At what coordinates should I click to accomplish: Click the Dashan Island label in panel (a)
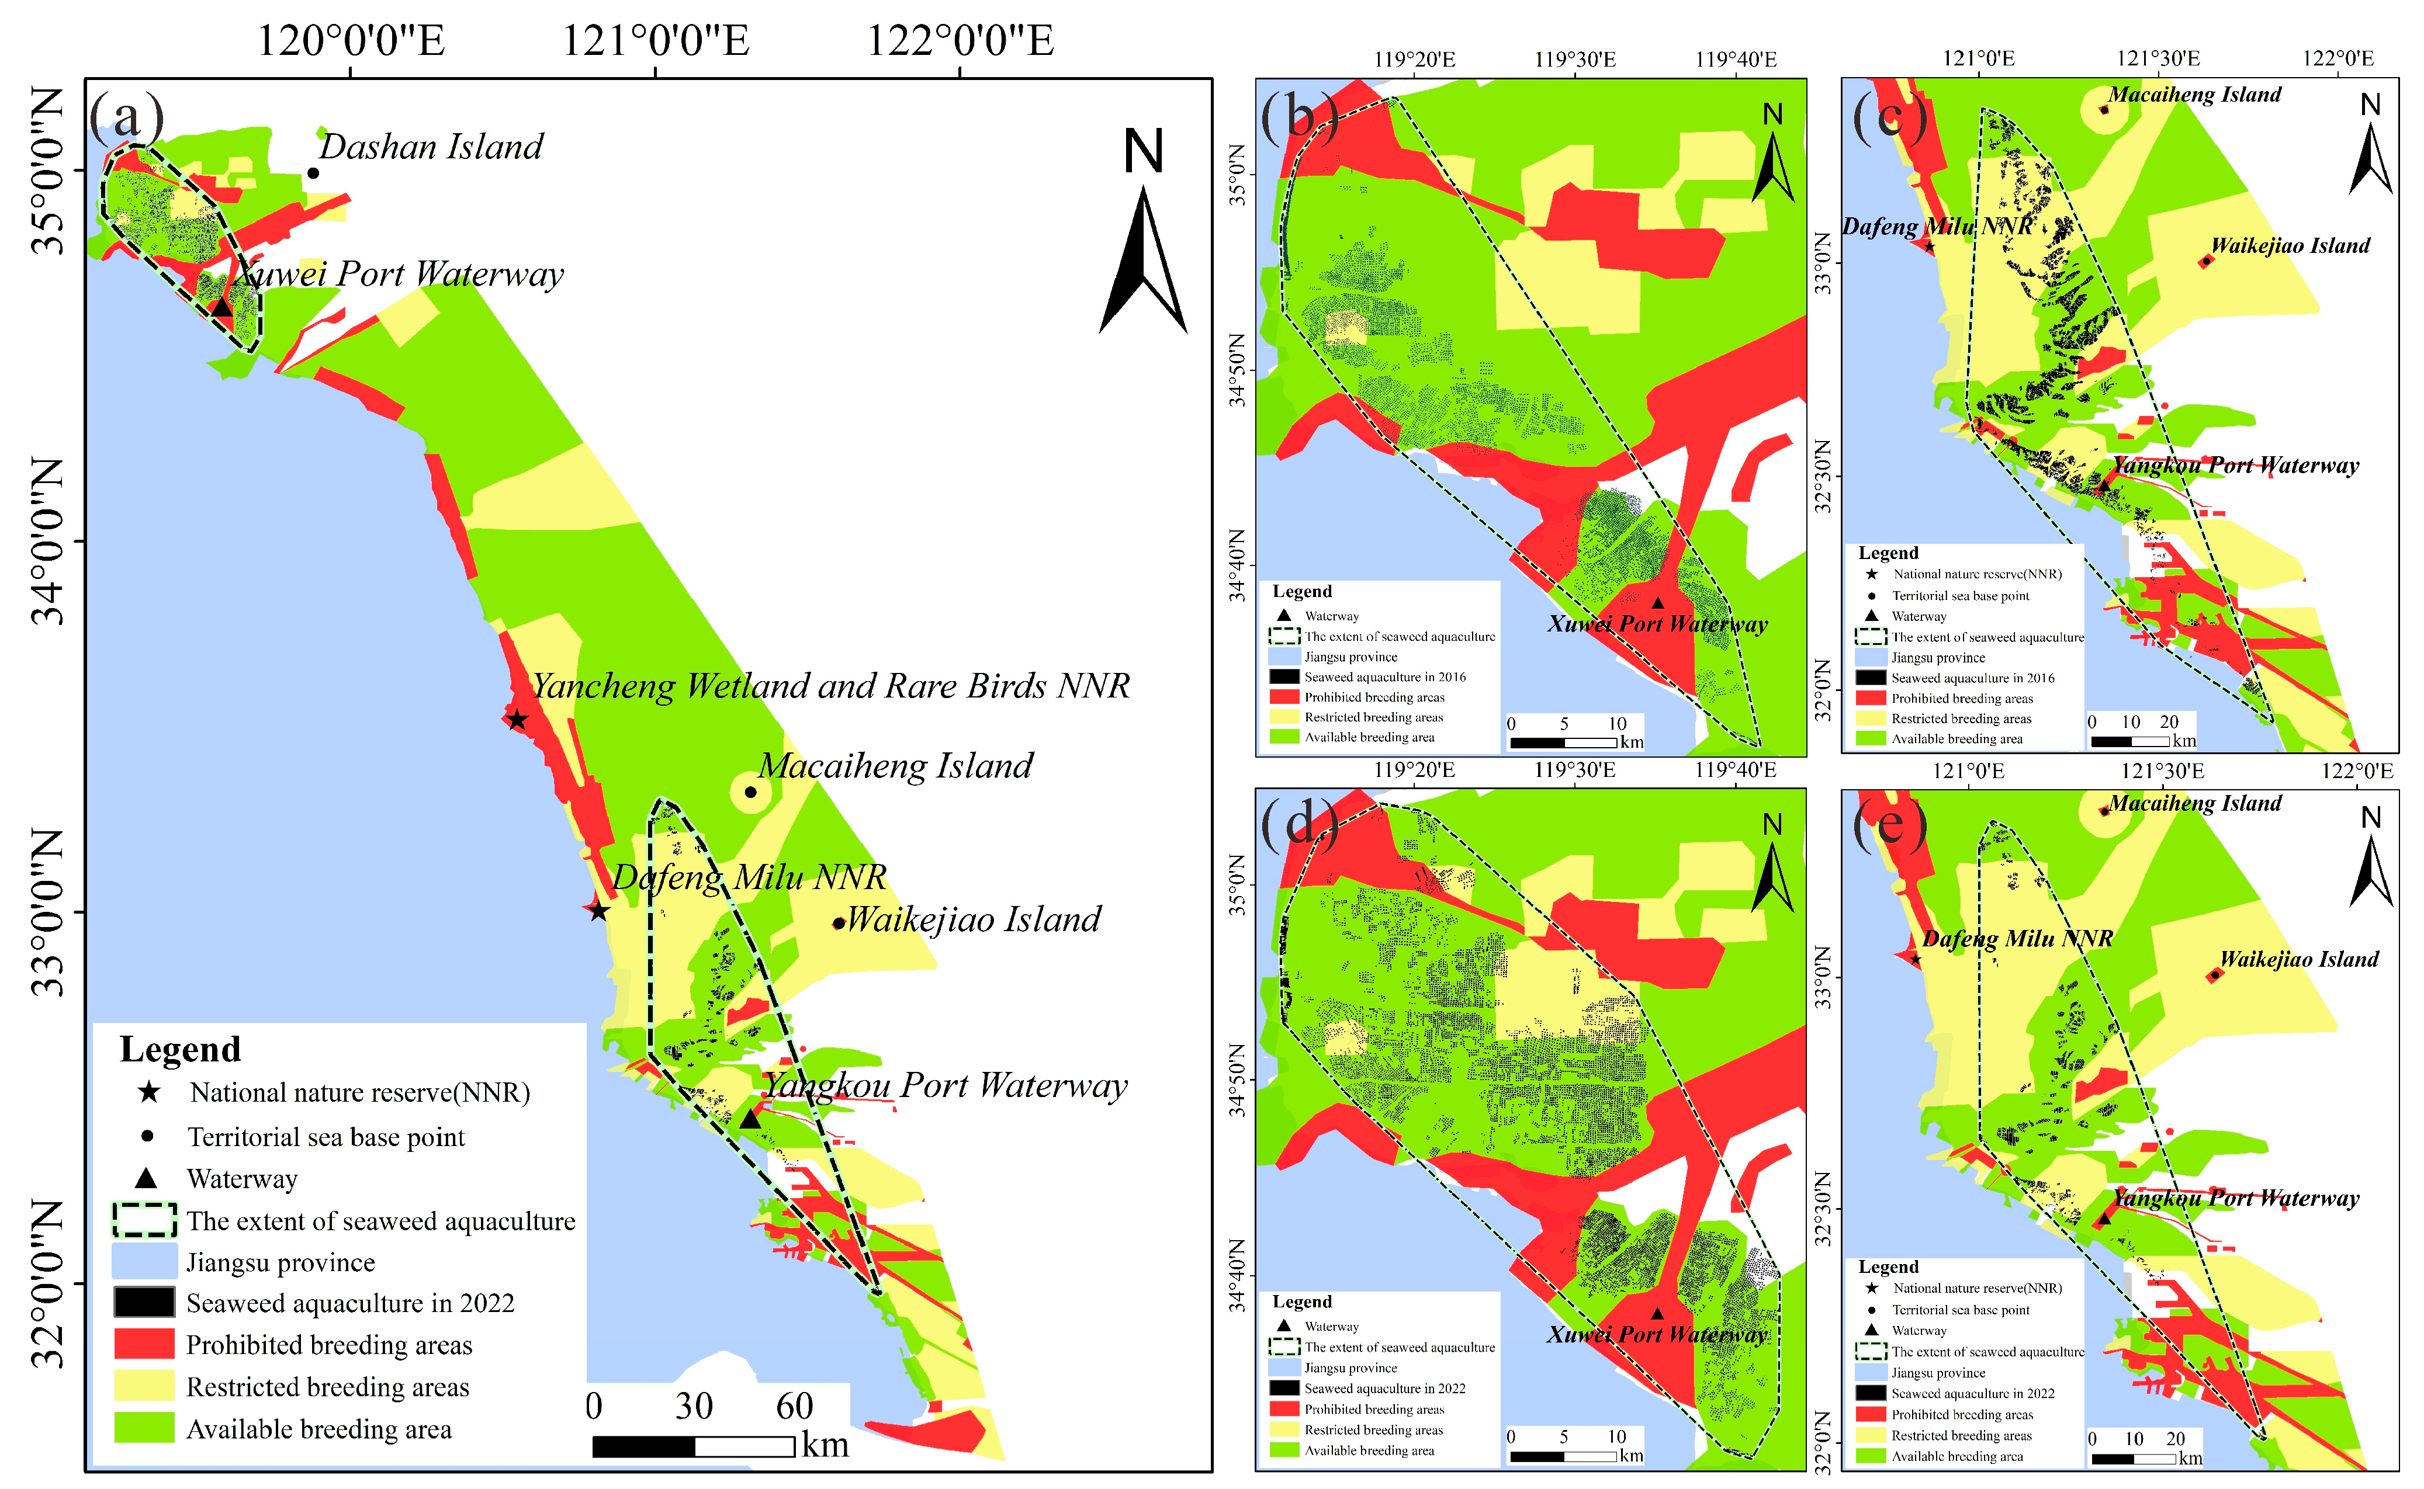point(431,147)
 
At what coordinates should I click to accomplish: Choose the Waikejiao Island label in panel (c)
point(2290,246)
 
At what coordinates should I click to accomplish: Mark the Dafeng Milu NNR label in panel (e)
point(2017,939)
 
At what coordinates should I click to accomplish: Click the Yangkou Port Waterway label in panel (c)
point(2236,466)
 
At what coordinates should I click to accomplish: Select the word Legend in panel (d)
point(1301,1302)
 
